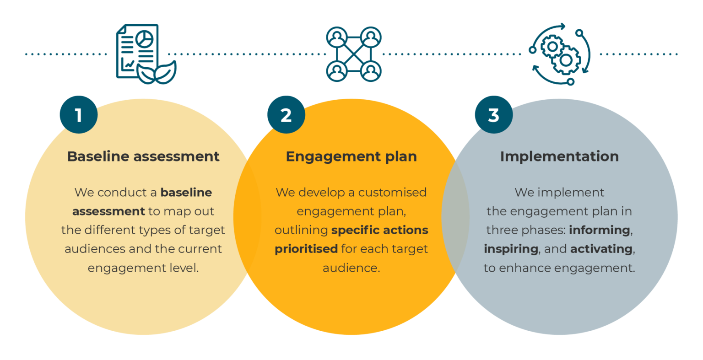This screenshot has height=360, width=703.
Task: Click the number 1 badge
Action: coord(78,115)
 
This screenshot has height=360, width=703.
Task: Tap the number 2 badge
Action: coord(286,115)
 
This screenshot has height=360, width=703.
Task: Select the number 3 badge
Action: coord(493,115)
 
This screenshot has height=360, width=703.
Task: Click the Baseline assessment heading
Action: coord(143,156)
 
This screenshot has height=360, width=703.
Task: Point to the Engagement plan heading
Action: coord(351,156)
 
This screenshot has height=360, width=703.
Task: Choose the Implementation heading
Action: coord(559,156)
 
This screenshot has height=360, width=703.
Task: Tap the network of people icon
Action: coord(354,54)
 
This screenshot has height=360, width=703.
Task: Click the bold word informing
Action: coord(600,230)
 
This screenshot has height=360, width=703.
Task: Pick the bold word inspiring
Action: coord(511,249)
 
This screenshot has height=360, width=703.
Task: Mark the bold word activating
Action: coord(601,249)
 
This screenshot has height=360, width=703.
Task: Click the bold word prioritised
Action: coord(306,249)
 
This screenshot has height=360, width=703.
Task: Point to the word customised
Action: coord(392,193)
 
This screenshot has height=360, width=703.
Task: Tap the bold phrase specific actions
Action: coord(380,230)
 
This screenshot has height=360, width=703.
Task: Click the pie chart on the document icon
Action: coord(146,38)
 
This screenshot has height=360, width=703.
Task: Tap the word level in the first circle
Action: coord(186,268)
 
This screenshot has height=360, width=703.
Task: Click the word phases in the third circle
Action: coord(543,230)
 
